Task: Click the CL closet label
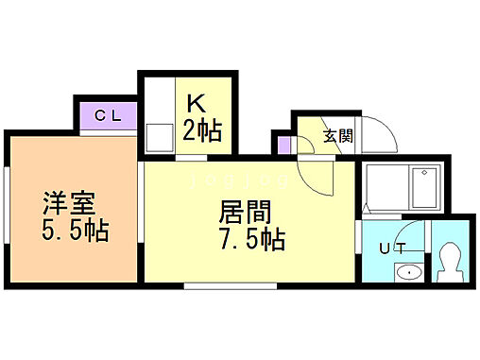click(x=108, y=116)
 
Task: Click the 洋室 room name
click(x=67, y=202)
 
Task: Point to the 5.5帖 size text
click(x=75, y=231)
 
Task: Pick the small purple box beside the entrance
click(x=283, y=145)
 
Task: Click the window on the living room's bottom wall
click(x=216, y=283)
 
